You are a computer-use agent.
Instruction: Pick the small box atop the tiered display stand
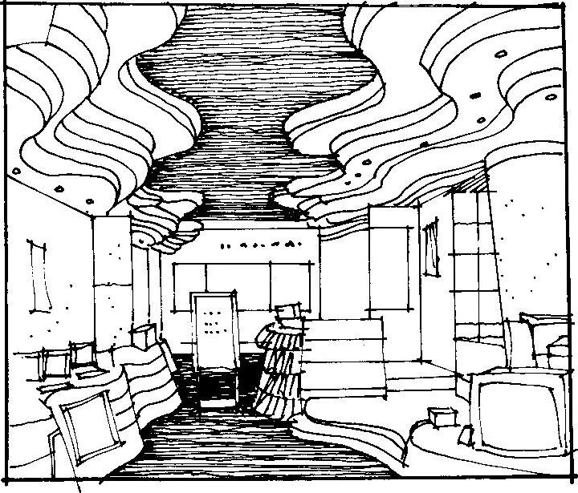click(x=286, y=312)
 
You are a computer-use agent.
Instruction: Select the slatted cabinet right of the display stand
click(x=337, y=353)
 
